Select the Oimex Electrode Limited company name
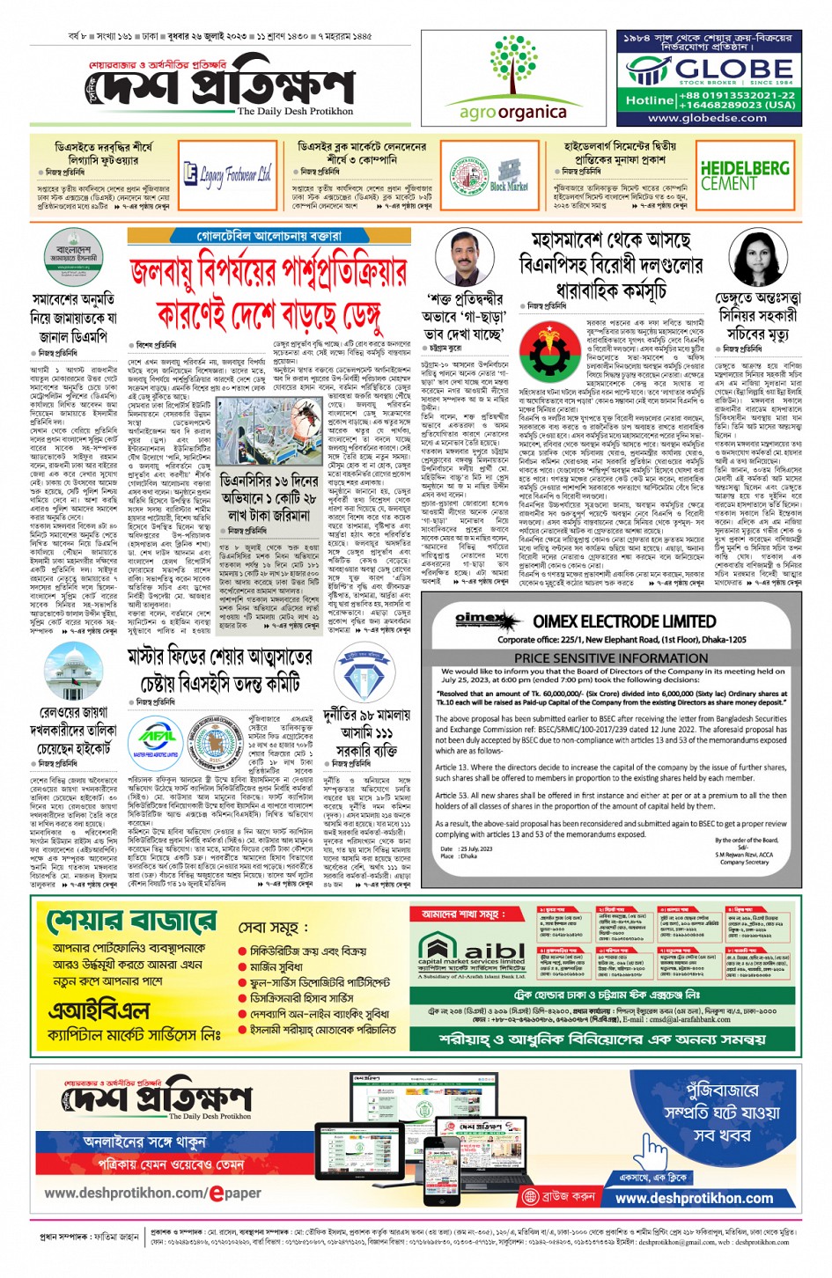click(x=623, y=621)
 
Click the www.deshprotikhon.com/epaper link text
click(x=152, y=1194)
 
